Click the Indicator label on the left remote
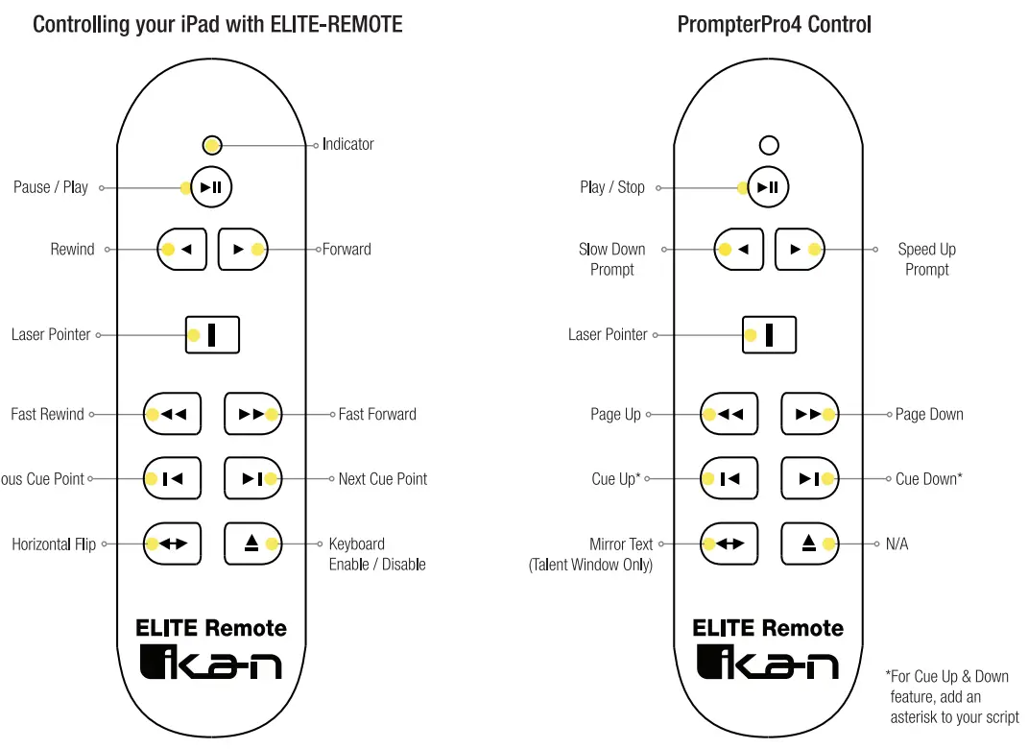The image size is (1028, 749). [x=347, y=144]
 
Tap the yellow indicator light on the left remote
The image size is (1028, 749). [x=213, y=146]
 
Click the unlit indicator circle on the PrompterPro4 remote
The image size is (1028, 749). [x=769, y=146]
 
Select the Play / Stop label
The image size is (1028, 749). [x=612, y=187]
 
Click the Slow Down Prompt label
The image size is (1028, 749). [x=611, y=259]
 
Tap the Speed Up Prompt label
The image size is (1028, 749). [x=926, y=259]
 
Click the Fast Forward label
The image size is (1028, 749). [x=377, y=415]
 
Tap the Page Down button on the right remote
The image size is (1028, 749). [x=809, y=414]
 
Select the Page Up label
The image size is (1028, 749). [x=615, y=415]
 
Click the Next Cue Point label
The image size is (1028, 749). [x=382, y=479]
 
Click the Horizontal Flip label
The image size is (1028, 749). [x=54, y=544]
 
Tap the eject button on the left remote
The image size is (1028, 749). [x=252, y=544]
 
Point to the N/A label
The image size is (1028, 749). [x=897, y=544]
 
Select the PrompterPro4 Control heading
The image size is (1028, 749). [x=774, y=24]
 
